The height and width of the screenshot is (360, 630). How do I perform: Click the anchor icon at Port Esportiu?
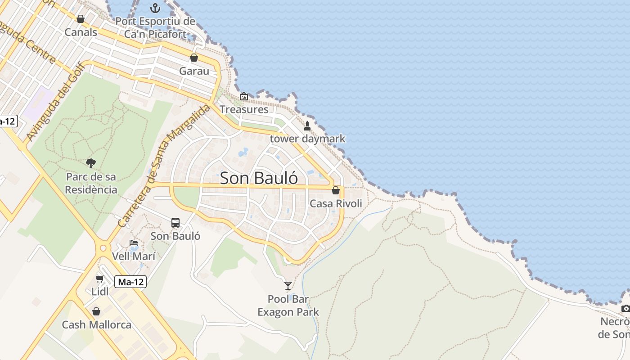click(155, 8)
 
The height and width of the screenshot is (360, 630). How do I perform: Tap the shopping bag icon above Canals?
click(81, 19)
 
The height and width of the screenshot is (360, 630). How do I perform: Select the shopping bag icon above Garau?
click(194, 58)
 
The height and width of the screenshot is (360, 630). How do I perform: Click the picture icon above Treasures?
click(244, 96)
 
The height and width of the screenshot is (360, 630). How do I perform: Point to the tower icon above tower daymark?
click(307, 126)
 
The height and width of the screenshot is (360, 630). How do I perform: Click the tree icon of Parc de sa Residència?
click(91, 163)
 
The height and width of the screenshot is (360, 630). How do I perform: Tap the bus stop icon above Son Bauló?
click(175, 222)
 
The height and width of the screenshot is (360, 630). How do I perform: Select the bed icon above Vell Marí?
click(134, 243)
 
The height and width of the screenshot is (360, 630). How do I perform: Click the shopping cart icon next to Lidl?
click(100, 279)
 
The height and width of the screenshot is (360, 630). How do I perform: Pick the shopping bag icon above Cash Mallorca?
click(96, 311)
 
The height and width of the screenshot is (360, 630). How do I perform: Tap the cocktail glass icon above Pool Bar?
click(288, 285)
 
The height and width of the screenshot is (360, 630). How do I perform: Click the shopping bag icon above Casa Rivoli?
click(336, 190)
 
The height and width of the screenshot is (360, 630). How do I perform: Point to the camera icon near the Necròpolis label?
click(625, 308)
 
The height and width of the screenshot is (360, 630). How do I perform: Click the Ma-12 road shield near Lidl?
click(130, 282)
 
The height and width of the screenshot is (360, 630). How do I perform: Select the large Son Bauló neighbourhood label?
click(259, 178)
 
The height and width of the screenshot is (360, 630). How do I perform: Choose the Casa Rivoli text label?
click(336, 203)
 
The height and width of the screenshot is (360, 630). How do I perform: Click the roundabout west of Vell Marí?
click(103, 247)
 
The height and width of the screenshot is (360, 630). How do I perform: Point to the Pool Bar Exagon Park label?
click(288, 306)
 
